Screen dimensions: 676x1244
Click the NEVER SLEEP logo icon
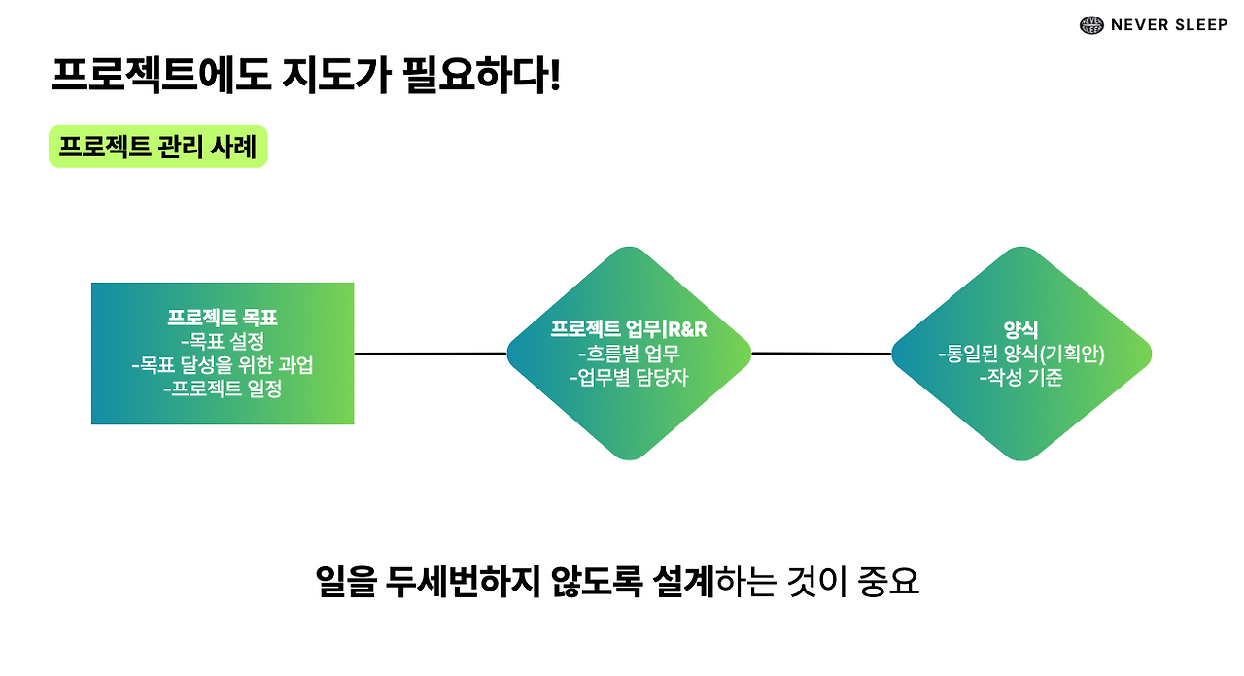pyautogui.click(x=1091, y=25)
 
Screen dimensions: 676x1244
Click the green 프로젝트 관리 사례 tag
pyautogui.click(x=157, y=148)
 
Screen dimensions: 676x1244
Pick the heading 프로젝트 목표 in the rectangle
pyautogui.click(x=223, y=318)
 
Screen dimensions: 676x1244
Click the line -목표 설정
pyautogui.click(x=223, y=342)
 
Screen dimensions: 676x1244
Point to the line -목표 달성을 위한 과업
pyautogui.click(x=223, y=366)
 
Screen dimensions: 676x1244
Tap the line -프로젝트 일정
pyautogui.click(x=223, y=390)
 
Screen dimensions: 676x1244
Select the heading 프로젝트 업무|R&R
pyautogui.click(x=629, y=329)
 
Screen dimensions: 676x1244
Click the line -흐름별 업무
pyautogui.click(x=629, y=354)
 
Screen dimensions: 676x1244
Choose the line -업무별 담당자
pyautogui.click(x=629, y=378)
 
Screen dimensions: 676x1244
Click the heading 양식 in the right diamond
pyautogui.click(x=1020, y=330)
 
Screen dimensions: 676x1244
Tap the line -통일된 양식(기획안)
pyautogui.click(x=1020, y=355)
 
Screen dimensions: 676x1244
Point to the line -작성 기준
pyautogui.click(x=1020, y=378)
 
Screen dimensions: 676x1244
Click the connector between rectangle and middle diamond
pyautogui.click(x=431, y=354)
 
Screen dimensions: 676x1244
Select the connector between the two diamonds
pyautogui.click(x=821, y=354)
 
